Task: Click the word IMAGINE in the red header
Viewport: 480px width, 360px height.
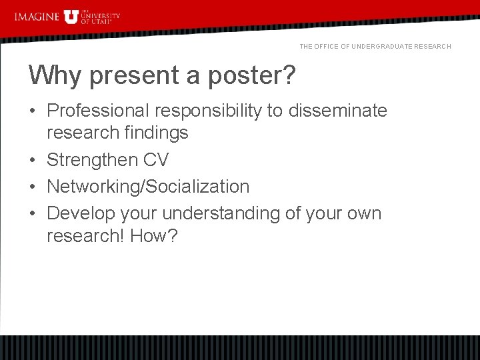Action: click(37, 16)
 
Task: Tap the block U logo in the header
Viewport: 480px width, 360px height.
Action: click(71, 16)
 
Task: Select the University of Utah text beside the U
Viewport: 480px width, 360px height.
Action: click(100, 17)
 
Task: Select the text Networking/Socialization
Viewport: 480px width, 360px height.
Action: click(147, 187)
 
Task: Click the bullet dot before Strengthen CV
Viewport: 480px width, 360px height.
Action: click(33, 160)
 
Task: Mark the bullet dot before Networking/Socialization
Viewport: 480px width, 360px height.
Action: click(33, 187)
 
